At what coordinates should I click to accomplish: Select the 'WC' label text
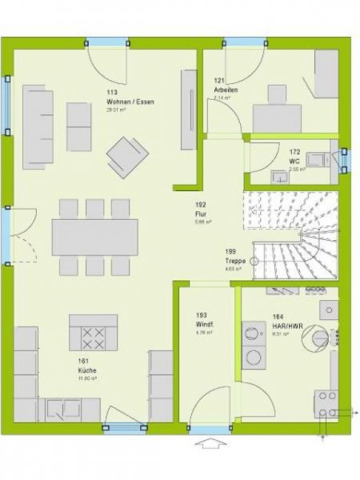[294, 160]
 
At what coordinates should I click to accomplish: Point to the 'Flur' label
[200, 214]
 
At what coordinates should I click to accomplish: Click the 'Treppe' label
[235, 261]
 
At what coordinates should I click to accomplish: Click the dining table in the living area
[94, 237]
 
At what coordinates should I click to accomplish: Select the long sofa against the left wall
[38, 126]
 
